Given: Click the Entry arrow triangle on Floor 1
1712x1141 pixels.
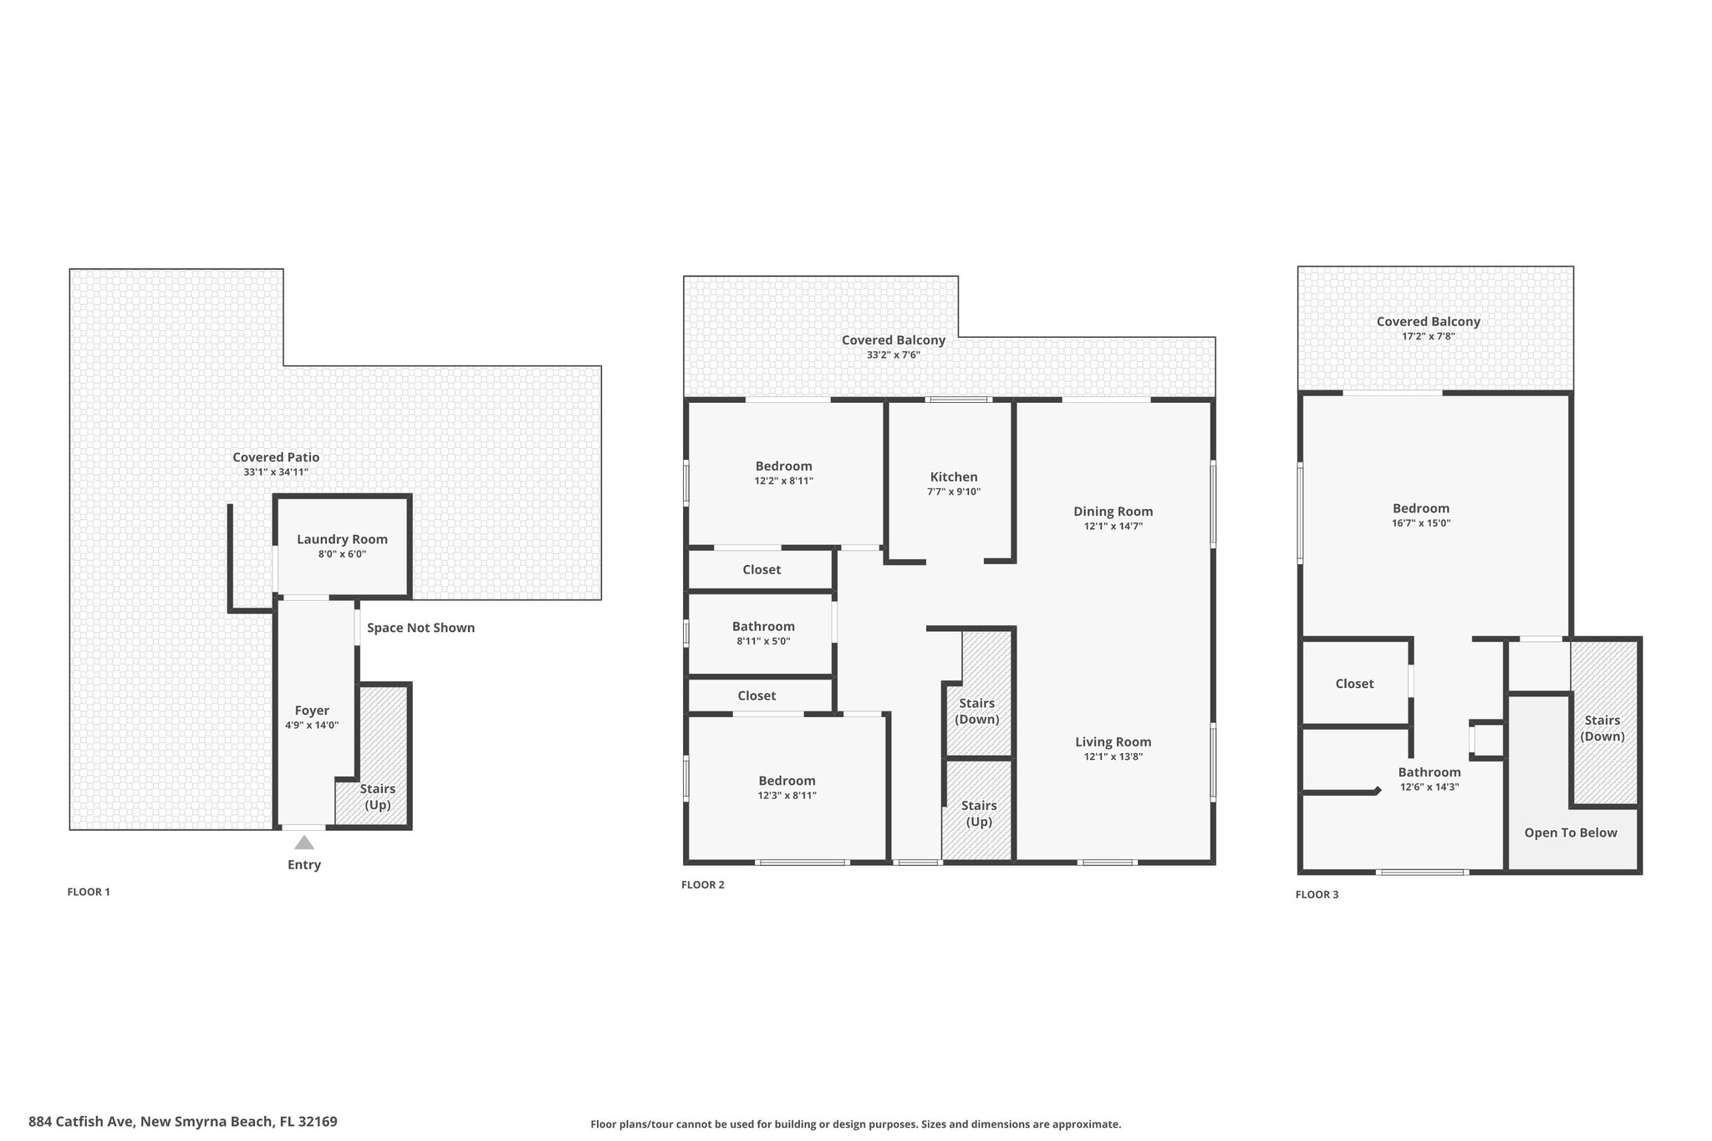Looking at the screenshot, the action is pos(304,843).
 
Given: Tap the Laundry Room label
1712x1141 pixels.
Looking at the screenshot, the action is pos(342,539).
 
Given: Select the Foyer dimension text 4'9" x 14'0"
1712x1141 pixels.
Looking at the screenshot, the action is pos(312,726).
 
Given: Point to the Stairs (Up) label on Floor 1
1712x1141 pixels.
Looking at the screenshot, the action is pos(378,797).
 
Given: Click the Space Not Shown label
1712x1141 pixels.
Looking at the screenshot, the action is pos(420,628).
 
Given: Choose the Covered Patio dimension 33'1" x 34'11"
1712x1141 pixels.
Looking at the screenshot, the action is pos(276,472).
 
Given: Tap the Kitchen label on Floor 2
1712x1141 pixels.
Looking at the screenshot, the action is pos(954,476).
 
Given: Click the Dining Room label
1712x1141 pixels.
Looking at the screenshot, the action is pos(1113,512).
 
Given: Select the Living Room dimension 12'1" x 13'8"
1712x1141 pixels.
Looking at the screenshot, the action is pos(1113,757).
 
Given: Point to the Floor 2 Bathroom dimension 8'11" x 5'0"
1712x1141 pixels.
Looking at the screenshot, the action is pos(763,642).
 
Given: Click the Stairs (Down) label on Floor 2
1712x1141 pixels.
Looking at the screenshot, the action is pos(977,711).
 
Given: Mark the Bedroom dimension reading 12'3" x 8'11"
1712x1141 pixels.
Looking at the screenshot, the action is pos(787,796).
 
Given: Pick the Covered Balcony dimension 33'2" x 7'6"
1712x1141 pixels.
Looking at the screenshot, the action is pos(894,355).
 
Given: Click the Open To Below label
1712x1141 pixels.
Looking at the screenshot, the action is pos(1571,833).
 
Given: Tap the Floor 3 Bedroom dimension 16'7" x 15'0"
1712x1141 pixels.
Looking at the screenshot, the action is pos(1421,523).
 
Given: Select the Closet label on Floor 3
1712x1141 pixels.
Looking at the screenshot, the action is pos(1354,684).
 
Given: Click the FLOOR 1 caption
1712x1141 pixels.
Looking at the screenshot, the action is pos(89,892).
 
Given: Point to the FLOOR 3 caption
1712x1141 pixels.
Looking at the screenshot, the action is pos(1317,894).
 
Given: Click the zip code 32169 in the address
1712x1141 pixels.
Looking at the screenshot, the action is pos(317,1122).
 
